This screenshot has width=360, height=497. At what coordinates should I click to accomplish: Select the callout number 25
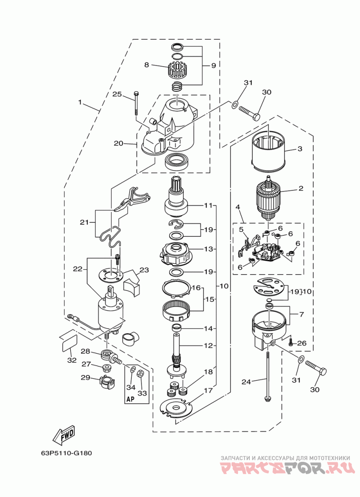(x=117, y=94)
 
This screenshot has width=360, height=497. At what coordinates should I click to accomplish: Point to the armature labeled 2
(x=268, y=198)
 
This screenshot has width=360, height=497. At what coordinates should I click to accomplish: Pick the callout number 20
(x=118, y=143)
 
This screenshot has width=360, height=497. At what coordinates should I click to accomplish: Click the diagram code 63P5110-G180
(x=66, y=452)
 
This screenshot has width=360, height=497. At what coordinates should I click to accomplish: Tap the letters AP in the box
(x=130, y=399)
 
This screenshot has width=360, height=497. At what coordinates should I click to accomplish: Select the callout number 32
(x=72, y=360)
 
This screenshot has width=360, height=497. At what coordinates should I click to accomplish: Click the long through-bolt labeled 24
(x=268, y=375)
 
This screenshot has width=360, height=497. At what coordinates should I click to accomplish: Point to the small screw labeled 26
(x=291, y=342)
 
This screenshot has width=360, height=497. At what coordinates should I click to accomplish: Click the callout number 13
(x=208, y=249)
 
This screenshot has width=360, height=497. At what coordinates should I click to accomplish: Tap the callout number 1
(x=80, y=102)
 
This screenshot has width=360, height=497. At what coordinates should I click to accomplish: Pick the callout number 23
(x=144, y=270)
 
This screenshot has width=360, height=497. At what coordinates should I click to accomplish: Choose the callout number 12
(x=208, y=345)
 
